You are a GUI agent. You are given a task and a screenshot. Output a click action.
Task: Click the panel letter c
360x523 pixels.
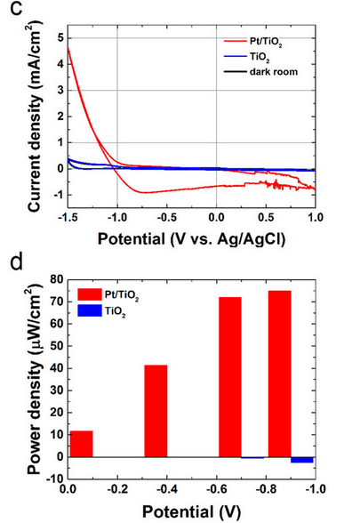tap(16, 9)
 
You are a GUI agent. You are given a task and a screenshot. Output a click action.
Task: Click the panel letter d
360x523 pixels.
tap(17, 261)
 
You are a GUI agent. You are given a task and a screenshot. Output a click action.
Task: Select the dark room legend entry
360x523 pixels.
tap(260, 72)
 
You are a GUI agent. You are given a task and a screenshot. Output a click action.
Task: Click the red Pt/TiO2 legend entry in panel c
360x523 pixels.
tap(253, 41)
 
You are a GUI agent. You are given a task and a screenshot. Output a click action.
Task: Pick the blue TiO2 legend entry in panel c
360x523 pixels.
tap(247, 57)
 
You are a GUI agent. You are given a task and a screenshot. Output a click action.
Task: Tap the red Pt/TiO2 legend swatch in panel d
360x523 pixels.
tap(89, 294)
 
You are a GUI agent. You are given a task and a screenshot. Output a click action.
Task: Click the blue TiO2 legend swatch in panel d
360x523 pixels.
tap(89, 310)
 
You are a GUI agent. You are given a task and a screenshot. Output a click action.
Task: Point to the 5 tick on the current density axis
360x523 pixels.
tap(60, 38)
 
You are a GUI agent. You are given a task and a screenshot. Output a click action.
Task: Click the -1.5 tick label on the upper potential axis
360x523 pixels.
tap(68, 217)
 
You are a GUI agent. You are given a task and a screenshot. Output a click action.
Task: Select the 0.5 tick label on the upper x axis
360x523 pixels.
tap(266, 217)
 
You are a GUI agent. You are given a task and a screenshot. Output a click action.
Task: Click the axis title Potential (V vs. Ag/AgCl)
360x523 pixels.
tap(191, 238)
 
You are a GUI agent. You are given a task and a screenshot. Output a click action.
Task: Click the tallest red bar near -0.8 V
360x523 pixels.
tap(280, 374)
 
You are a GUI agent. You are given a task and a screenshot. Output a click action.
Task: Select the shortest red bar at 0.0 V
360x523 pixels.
tap(82, 444)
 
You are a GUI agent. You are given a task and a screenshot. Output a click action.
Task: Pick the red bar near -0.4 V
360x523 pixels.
tap(156, 411)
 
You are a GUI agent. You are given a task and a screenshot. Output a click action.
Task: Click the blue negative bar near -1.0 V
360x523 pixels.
tap(302, 460)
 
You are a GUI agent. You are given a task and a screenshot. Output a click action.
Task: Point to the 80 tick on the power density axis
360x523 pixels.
tap(57, 279)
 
